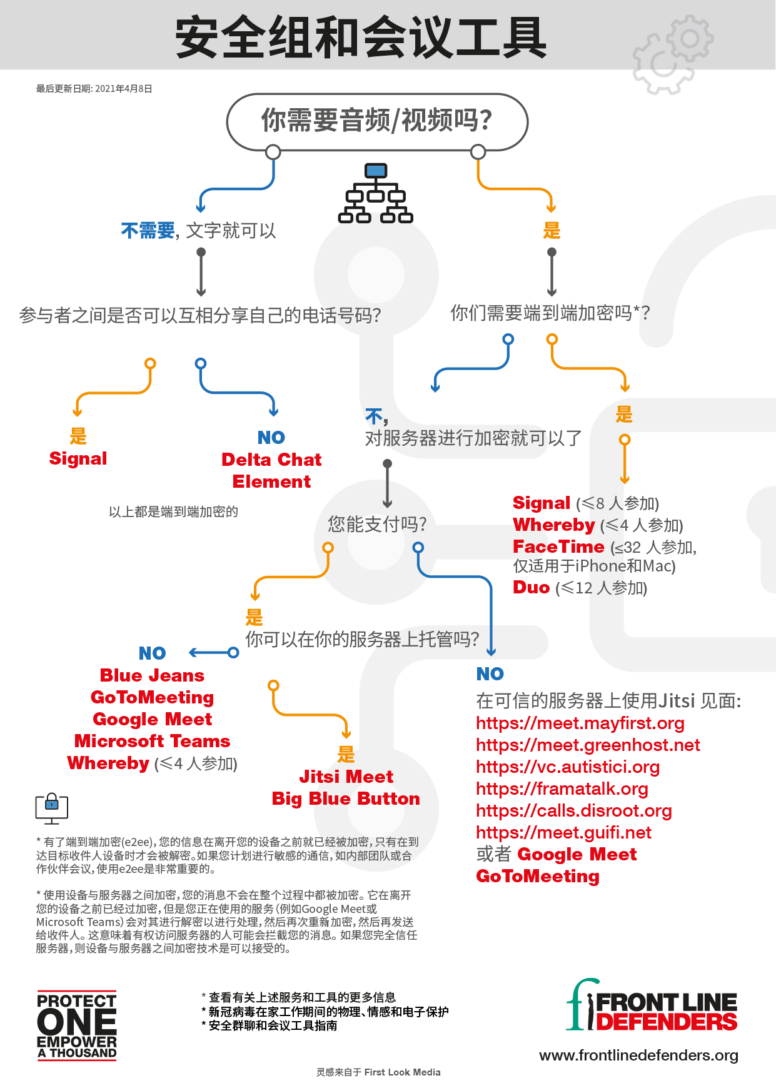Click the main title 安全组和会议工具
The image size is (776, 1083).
361,38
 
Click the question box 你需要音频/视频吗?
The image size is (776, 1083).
377,121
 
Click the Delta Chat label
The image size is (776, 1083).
271,460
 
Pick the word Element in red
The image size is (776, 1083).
271,481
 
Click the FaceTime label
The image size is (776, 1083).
558,547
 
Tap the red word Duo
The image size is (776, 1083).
531,587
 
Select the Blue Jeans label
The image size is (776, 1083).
152,675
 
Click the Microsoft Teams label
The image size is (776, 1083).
152,741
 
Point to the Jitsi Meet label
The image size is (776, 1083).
346,777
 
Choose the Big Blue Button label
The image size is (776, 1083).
346,798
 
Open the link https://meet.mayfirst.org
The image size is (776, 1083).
580,723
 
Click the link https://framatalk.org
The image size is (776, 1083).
562,789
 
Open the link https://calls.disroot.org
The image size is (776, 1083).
573,811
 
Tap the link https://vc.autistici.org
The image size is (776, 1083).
568,767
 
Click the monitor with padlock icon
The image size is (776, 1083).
52,808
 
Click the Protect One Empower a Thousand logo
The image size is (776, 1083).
77,1025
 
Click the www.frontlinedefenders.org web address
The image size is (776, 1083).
638,1055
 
